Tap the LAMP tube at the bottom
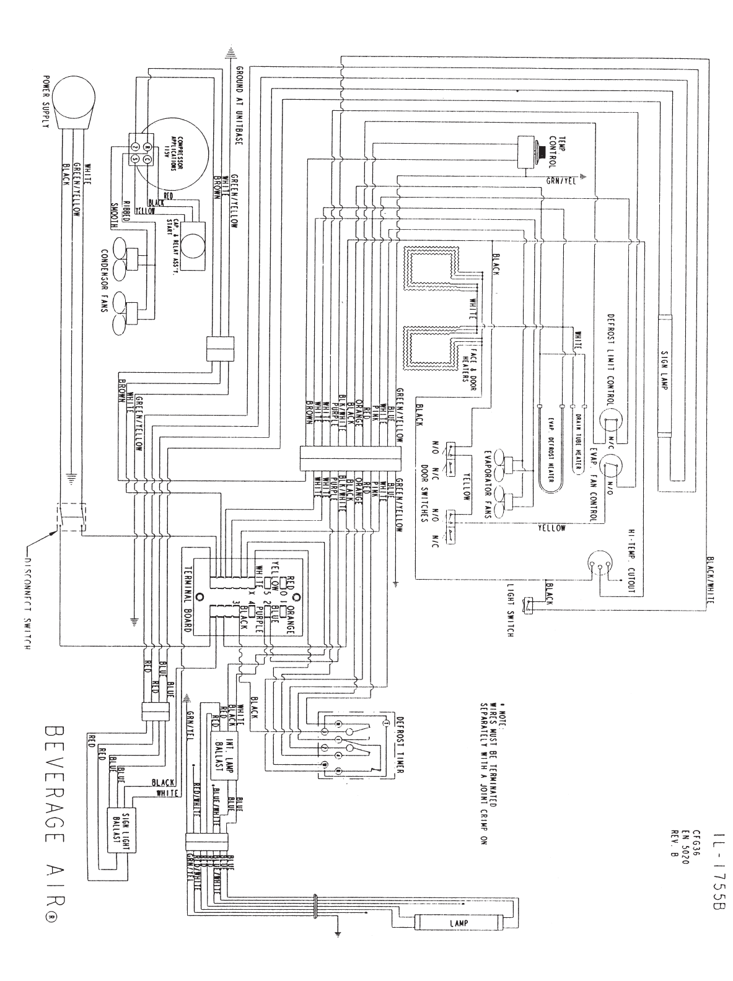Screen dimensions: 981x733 click(x=459, y=923)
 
